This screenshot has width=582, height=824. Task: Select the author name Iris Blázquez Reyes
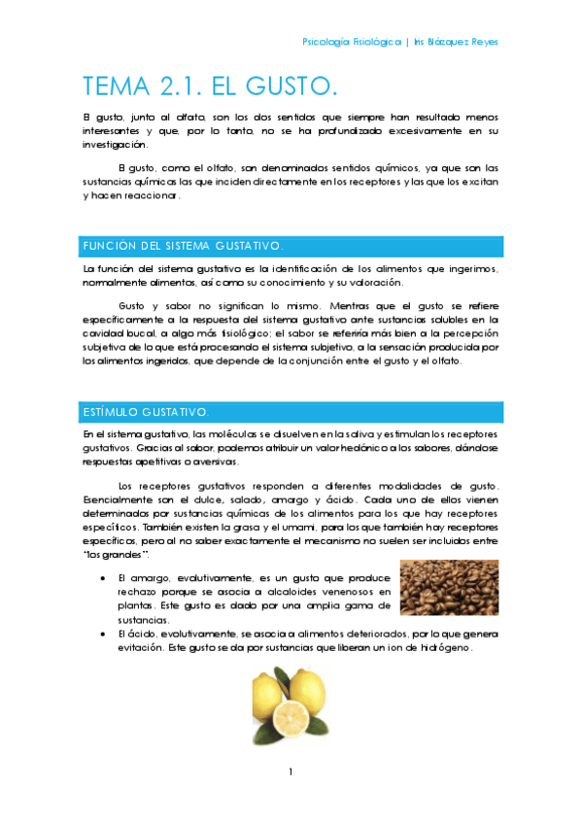[x=456, y=43]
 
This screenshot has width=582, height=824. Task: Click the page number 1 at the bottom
[x=291, y=772]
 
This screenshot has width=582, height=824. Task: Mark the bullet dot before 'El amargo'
[x=104, y=577]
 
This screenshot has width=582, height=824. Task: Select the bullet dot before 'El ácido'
[x=104, y=634]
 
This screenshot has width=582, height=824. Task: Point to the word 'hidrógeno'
[x=441, y=647]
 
